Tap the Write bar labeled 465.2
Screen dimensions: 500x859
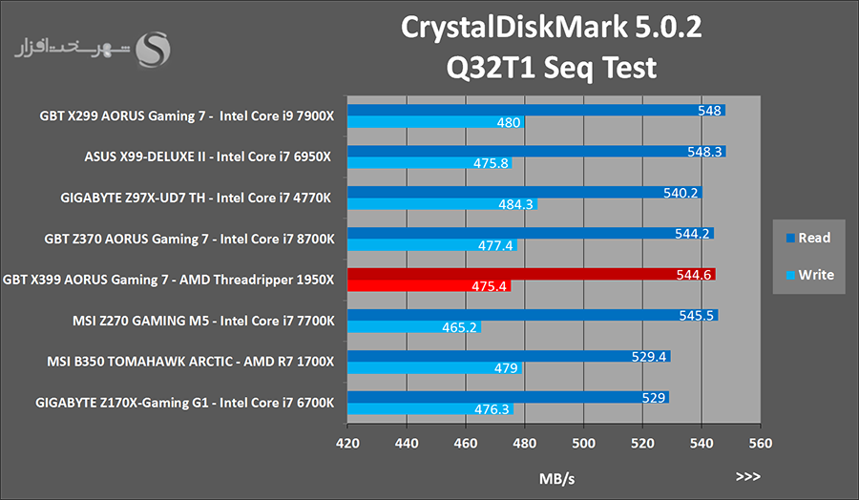pos(412,327)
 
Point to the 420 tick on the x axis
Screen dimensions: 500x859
pos(347,443)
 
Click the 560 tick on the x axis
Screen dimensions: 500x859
pos(760,443)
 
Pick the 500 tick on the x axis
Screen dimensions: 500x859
pos(583,443)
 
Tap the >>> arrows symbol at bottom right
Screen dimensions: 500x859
pos(748,474)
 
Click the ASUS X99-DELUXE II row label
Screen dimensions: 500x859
pos(208,157)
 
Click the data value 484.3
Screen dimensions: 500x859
pos(516,204)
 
